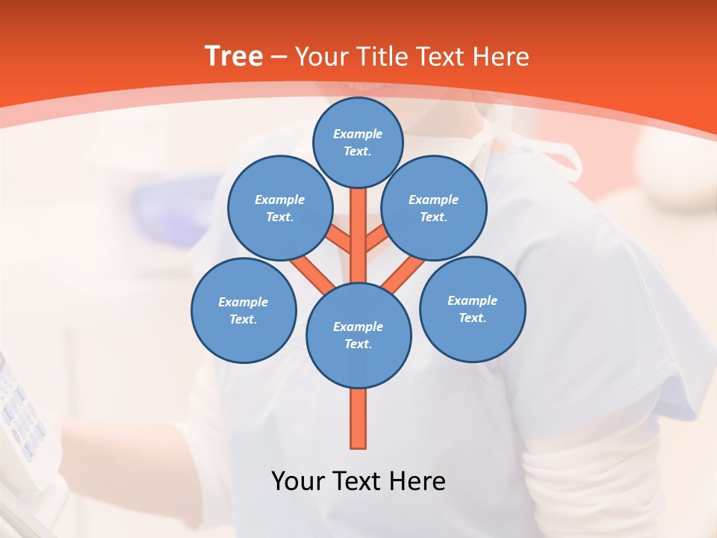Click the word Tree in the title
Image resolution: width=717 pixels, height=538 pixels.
pos(234,56)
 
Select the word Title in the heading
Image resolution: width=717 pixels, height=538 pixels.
pos(383,57)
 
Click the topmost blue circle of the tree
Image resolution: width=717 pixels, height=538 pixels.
pos(358,142)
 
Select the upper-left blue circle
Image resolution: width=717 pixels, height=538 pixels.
pos(280,208)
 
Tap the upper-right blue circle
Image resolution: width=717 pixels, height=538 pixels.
pos(434,208)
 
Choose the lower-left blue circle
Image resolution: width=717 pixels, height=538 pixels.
pos(243,310)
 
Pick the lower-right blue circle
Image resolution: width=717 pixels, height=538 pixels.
pos(473,309)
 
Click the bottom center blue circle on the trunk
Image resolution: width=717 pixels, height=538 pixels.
pos(358,335)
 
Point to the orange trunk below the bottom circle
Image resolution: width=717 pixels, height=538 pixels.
pos(358,418)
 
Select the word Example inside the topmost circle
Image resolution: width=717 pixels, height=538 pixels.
pos(358,134)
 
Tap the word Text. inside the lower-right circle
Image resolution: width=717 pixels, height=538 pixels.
pos(473,318)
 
